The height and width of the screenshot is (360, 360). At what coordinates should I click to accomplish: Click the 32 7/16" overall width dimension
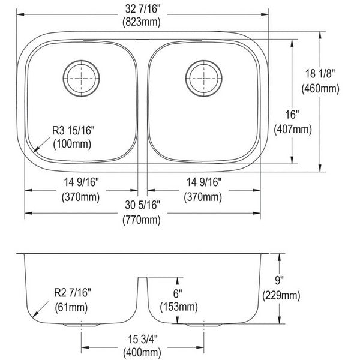click(x=143, y=9)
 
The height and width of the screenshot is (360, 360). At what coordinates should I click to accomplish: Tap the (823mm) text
click(x=142, y=22)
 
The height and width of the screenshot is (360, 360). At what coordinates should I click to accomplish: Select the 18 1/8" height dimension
click(x=320, y=74)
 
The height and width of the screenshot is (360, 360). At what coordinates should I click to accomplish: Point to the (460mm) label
click(x=320, y=88)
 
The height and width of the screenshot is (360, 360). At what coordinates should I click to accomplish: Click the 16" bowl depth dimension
click(x=292, y=115)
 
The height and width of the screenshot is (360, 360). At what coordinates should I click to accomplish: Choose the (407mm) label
click(x=293, y=129)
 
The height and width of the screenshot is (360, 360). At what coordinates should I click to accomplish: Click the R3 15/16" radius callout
click(x=73, y=130)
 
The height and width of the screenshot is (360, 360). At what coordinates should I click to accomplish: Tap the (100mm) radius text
click(x=72, y=144)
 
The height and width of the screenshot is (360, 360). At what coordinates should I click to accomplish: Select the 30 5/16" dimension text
click(x=143, y=205)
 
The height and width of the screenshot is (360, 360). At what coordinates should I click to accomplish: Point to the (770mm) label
click(x=142, y=220)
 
